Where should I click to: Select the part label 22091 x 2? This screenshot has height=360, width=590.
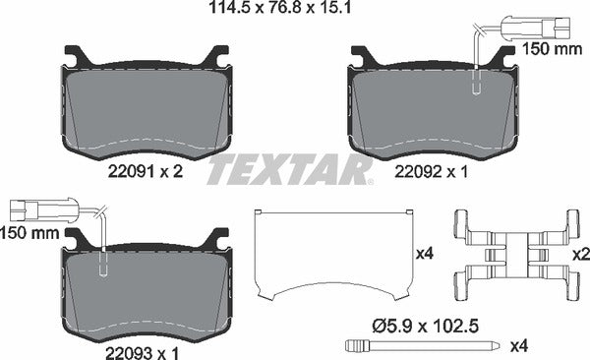146,170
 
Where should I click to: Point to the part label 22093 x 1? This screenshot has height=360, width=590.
146,346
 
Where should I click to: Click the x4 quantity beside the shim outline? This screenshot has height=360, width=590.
425,254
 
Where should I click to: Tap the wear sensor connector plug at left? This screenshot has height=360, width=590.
36,209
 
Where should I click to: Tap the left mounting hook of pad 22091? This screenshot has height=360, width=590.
75,57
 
